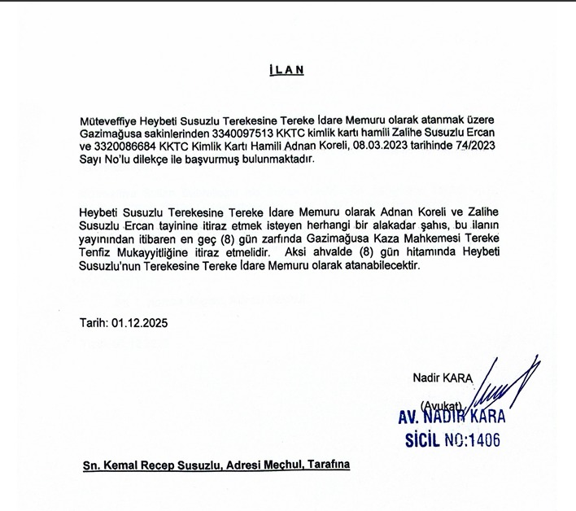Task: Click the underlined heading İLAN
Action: pyautogui.click(x=286, y=70)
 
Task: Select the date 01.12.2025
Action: pyautogui.click(x=140, y=322)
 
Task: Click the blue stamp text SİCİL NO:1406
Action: pyautogui.click(x=452, y=441)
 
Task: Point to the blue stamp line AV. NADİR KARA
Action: pyautogui.click(x=451, y=417)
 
